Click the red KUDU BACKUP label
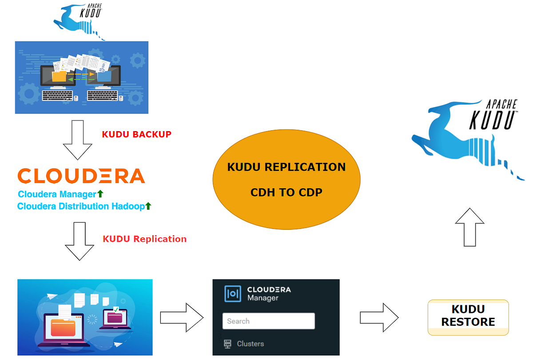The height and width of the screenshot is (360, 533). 136,134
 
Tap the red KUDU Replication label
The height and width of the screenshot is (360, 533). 144,239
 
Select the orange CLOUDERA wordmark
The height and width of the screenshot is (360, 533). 81,176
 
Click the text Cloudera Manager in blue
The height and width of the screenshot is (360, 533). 57,194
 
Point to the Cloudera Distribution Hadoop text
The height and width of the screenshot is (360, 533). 81,206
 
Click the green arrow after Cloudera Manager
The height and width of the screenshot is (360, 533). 100,194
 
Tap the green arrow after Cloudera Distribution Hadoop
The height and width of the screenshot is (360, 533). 148,206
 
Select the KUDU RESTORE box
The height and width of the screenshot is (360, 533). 468,316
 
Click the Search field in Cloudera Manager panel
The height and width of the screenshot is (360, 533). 268,321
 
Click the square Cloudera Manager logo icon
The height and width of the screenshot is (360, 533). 233,294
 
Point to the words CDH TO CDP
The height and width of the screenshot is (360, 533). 286,192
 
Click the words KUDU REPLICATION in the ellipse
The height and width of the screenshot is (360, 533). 286,167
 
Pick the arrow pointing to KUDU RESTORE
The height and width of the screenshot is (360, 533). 379,317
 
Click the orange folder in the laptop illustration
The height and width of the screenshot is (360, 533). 66,326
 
